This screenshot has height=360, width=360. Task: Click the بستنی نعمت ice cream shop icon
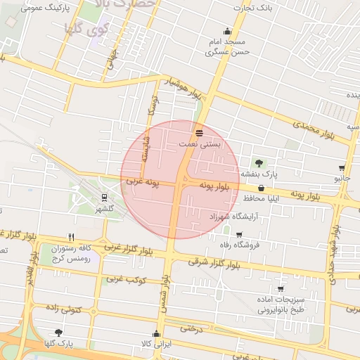199,132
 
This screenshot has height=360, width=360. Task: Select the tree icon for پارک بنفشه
259,162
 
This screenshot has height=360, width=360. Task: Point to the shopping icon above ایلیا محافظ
262,188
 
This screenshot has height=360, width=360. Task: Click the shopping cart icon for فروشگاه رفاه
239,235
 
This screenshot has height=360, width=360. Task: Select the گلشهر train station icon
104,198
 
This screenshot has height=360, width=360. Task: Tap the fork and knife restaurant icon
71,237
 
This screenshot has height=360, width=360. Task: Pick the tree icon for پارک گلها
58,333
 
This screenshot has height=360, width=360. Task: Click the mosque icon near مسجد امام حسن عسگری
226,32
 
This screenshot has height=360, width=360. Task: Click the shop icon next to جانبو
342,168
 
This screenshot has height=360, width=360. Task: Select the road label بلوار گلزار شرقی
211,262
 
